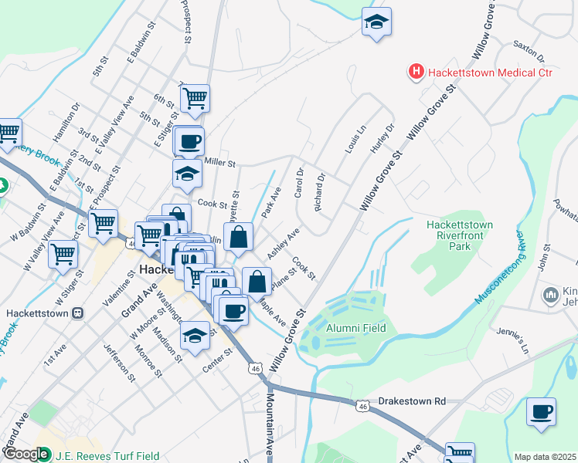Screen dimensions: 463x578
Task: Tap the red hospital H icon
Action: tap(416, 73)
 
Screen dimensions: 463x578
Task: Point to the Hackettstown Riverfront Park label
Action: tap(460, 236)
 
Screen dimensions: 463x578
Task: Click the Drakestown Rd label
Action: tap(413, 401)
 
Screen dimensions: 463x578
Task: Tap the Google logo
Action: tap(26, 454)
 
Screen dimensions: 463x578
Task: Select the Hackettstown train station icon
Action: tap(77, 314)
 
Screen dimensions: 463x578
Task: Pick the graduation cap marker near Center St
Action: tap(194, 336)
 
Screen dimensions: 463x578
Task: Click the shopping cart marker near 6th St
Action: tap(195, 97)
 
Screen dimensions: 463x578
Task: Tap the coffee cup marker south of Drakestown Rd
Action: tap(541, 411)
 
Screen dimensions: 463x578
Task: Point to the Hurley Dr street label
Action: tap(385, 138)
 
